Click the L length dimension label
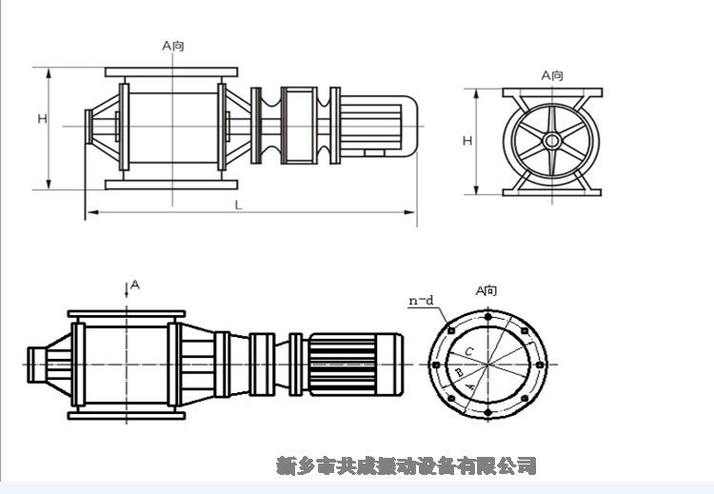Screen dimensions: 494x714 (238, 205)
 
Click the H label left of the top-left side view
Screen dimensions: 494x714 (43, 119)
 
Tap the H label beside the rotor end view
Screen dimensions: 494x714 (467, 141)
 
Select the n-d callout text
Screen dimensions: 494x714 (421, 301)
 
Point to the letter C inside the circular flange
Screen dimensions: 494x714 (469, 351)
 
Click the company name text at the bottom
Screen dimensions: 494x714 (407, 465)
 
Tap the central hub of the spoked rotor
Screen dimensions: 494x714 (552, 141)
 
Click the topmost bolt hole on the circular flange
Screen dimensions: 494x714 (487, 317)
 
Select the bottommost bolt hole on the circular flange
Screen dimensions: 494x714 (487, 414)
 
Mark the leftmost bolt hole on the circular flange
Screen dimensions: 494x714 (436, 366)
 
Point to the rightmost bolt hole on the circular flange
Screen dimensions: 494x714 (539, 366)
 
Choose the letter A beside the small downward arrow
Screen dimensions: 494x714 (135, 284)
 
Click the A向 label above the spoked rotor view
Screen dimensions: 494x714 (552, 74)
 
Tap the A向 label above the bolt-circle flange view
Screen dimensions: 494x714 (486, 290)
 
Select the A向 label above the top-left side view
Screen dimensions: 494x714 (173, 44)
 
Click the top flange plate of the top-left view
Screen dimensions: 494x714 (171, 72)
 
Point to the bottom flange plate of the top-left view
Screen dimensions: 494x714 (171, 185)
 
